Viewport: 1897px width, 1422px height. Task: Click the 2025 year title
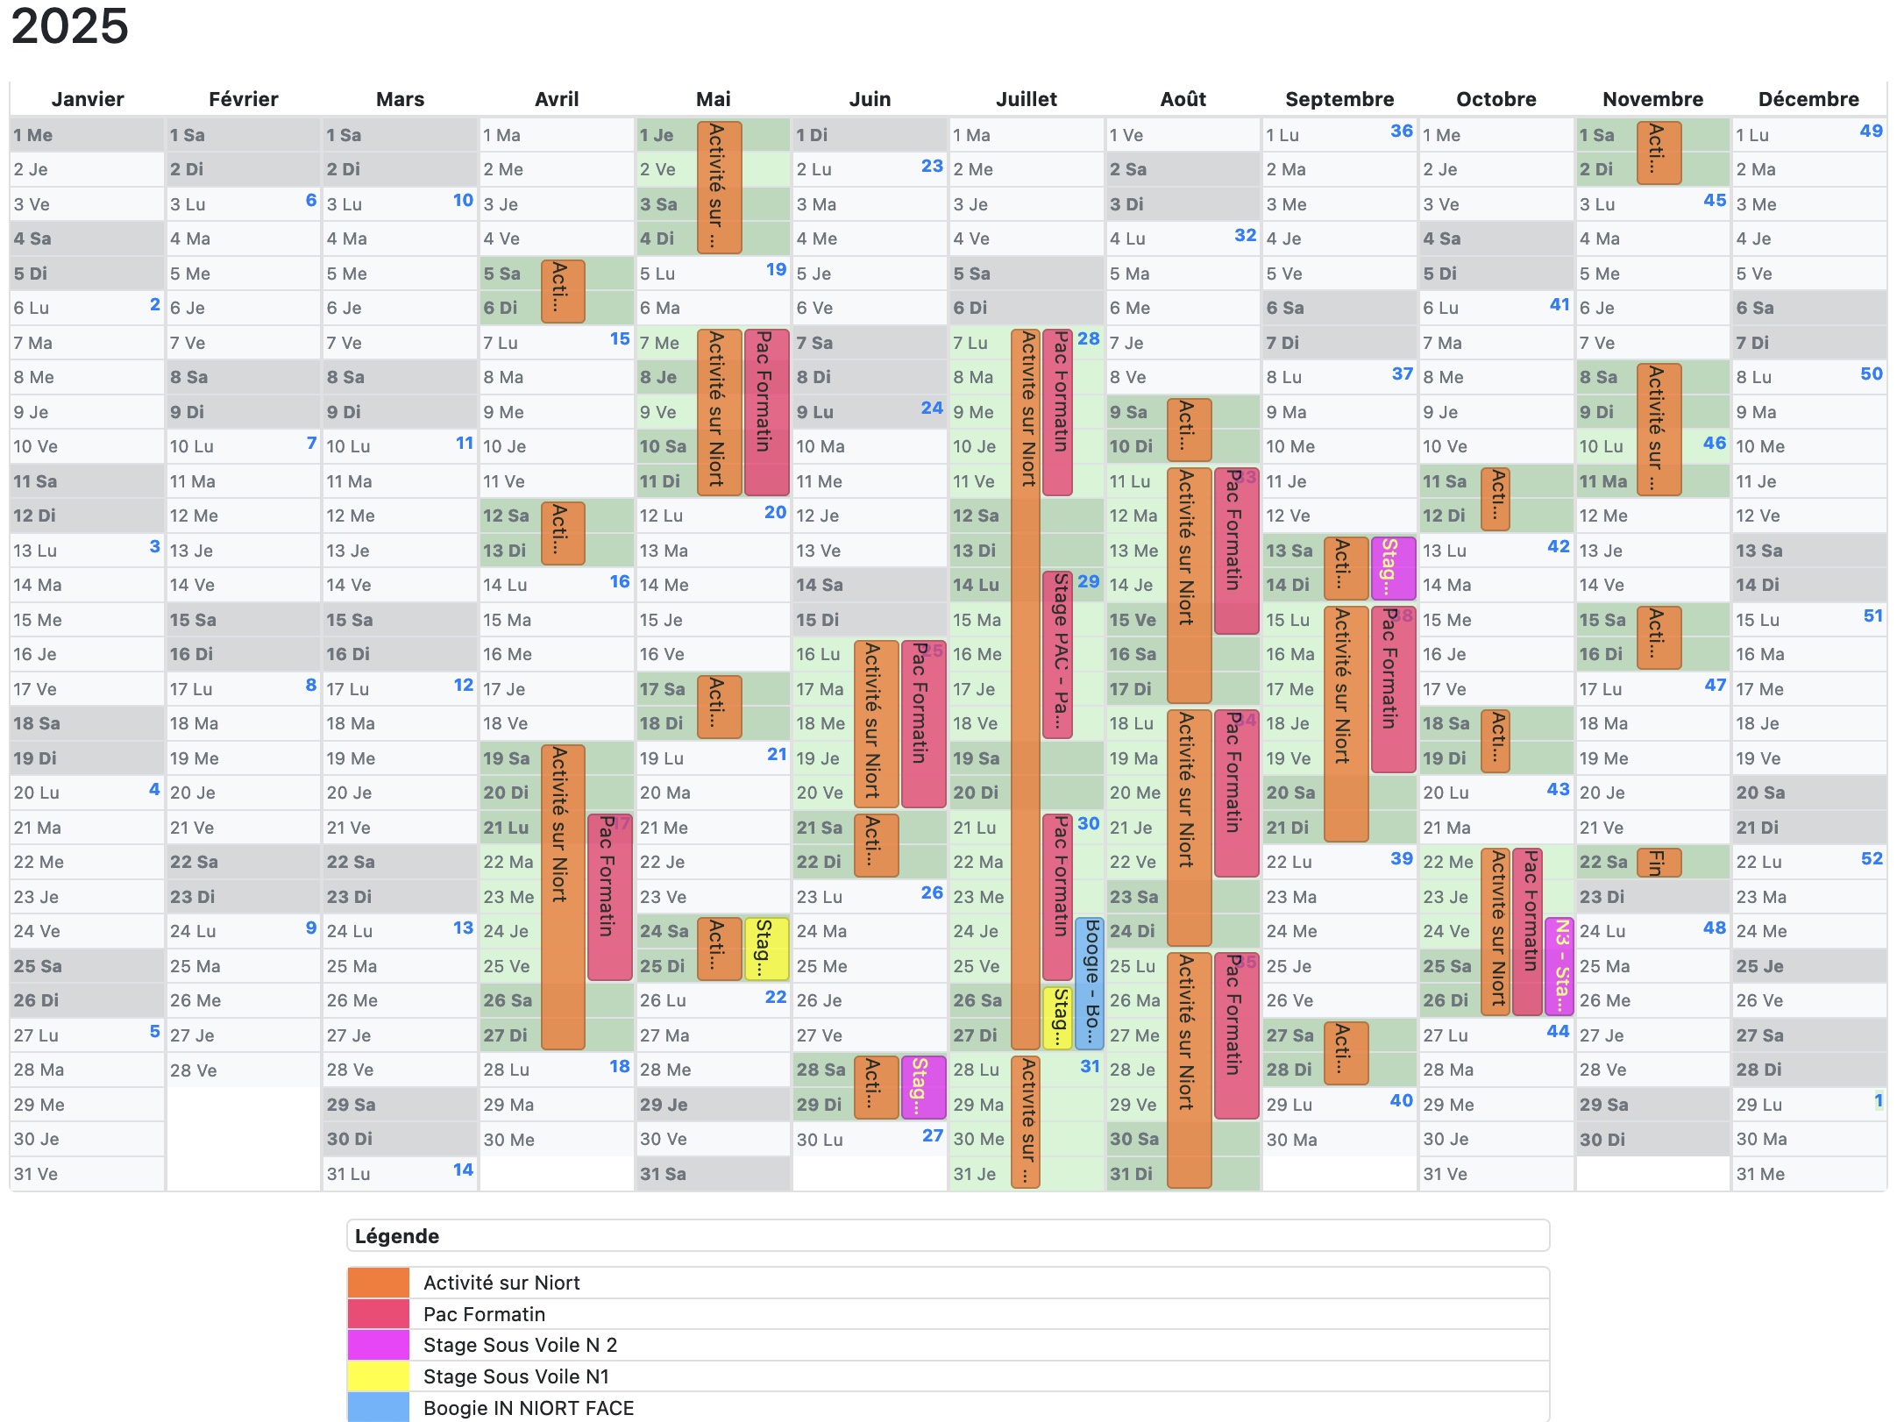[x=70, y=26]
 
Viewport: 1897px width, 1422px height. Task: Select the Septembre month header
[x=1339, y=99]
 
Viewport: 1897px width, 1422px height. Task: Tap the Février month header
[x=243, y=99]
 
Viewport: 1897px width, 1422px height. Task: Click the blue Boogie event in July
[x=1090, y=982]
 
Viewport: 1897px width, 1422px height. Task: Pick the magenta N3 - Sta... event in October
[x=1560, y=965]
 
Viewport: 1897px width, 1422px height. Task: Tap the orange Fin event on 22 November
[x=1659, y=862]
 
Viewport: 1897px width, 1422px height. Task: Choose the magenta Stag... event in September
[x=1392, y=567]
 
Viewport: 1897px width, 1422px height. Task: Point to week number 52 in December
[x=1872, y=859]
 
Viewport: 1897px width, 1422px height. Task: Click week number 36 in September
[x=1401, y=132]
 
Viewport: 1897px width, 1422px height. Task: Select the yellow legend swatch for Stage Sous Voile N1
[x=378, y=1376]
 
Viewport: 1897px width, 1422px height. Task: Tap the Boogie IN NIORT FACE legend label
[x=528, y=1408]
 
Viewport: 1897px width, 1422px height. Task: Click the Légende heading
[x=396, y=1236]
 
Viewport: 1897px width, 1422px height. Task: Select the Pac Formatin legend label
[x=484, y=1314]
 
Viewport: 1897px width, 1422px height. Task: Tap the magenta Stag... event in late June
[x=923, y=1087]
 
